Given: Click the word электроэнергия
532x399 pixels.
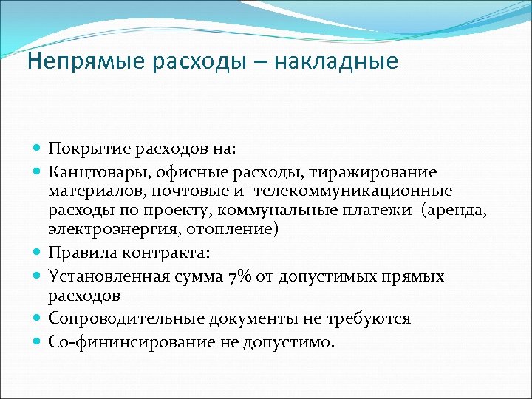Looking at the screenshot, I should click(x=103, y=231).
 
